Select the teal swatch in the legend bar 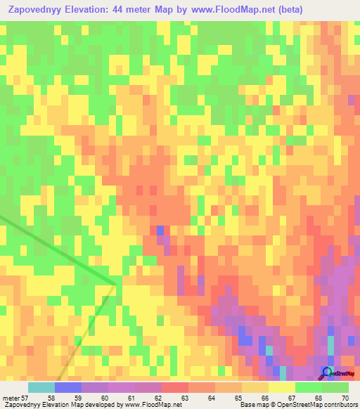click(x=41, y=387)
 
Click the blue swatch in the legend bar click(x=68, y=387)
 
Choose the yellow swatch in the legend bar click(x=281, y=387)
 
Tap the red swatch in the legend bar click(x=175, y=387)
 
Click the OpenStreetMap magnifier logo click(x=327, y=372)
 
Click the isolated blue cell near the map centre click(x=160, y=231)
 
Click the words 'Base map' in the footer click(x=251, y=405)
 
